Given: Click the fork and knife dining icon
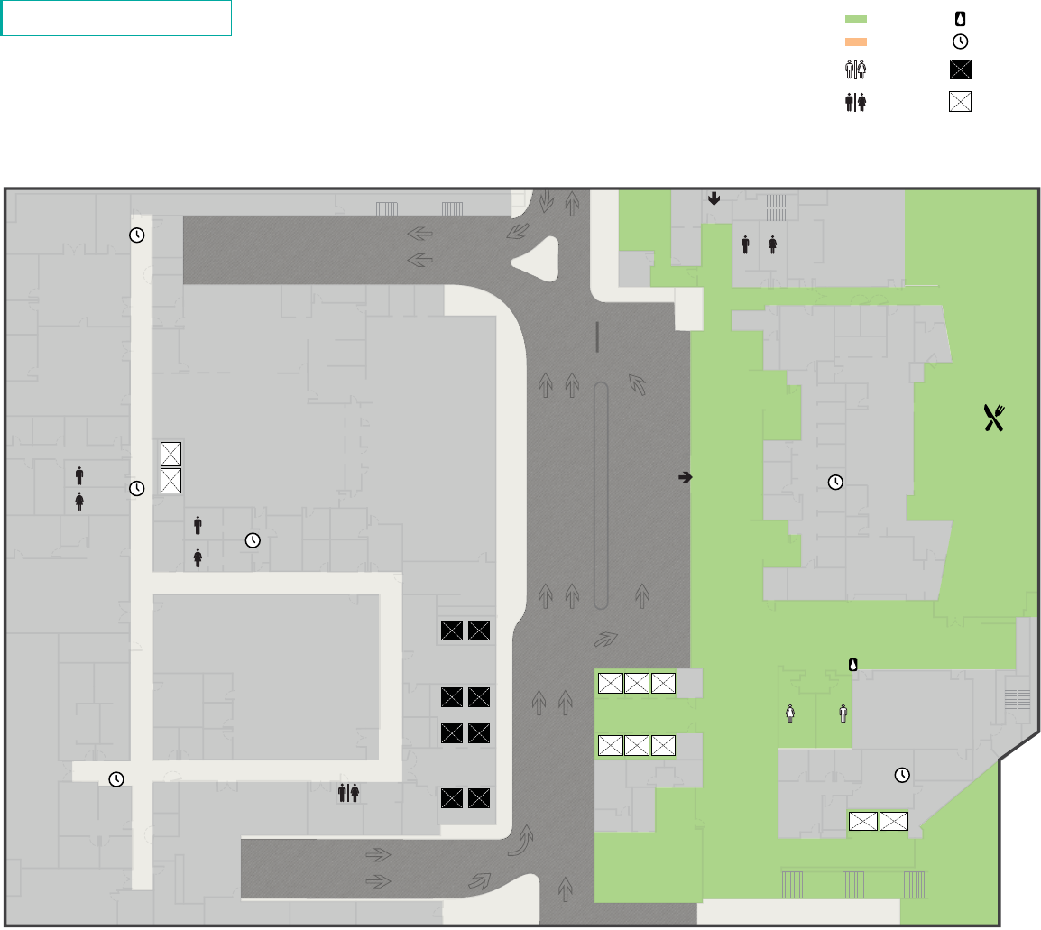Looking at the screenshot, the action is pyautogui.click(x=993, y=418).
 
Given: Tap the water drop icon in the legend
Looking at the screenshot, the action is pyautogui.click(x=960, y=18).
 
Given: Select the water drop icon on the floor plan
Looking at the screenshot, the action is pyautogui.click(x=852, y=665).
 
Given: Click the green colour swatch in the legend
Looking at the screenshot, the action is pyautogui.click(x=855, y=19).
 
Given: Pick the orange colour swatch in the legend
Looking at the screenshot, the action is pyautogui.click(x=855, y=41).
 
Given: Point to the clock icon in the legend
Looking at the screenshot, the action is pyautogui.click(x=960, y=41).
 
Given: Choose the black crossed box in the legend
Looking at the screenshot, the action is pyautogui.click(x=960, y=71).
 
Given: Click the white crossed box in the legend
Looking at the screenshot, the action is pyautogui.click(x=960, y=101).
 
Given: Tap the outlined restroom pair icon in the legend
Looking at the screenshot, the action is pyautogui.click(x=855, y=71).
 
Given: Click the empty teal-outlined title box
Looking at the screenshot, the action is pyautogui.click(x=116, y=18).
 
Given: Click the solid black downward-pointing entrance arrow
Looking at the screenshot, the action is pyautogui.click(x=714, y=198).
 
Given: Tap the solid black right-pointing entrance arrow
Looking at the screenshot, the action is pyautogui.click(x=685, y=477).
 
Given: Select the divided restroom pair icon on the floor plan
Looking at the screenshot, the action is pyautogui.click(x=349, y=792).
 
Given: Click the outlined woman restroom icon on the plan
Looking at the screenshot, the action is pyautogui.click(x=790, y=713).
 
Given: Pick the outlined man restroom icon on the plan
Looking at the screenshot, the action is pyautogui.click(x=843, y=713).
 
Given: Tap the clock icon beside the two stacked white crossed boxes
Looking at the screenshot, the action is pyautogui.click(x=136, y=488).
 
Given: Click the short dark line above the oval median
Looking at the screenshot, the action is pyautogui.click(x=597, y=336).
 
